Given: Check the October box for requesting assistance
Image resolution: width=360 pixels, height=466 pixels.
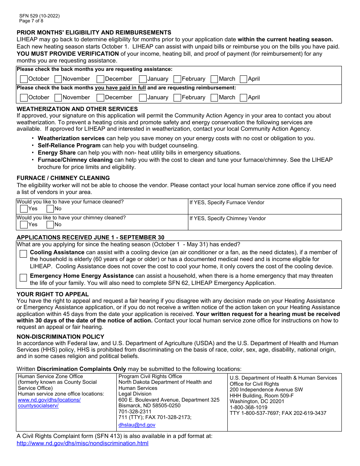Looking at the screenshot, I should pos(24,79).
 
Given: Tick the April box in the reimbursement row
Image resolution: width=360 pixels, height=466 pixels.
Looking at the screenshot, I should pos(244,98).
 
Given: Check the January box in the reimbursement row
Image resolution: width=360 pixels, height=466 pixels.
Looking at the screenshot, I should pos(143,98).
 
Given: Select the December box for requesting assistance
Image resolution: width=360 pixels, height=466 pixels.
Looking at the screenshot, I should pos(100,79).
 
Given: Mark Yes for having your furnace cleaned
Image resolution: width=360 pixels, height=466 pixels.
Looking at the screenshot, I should pos(24,209).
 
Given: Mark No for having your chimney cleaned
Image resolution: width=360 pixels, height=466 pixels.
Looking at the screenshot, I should pos(50,225).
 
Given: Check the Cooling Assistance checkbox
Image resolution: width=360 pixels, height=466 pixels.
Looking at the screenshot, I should pos(23,254).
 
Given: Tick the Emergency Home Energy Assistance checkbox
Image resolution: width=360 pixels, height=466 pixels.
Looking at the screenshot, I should pos(23,278).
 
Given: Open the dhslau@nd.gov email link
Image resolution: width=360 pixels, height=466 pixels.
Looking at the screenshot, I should pos(137,425).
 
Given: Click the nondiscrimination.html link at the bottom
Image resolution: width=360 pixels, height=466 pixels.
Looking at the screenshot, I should pos(83,443).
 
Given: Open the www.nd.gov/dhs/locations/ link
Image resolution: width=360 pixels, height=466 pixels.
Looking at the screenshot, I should pos(49,400).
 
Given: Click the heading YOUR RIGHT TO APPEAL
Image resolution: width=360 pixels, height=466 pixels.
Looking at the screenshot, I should pos(53,294).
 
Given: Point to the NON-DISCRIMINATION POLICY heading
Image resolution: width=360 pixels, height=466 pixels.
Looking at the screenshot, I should pos(60,337).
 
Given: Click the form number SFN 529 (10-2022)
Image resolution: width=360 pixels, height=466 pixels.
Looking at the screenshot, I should pos(39,16).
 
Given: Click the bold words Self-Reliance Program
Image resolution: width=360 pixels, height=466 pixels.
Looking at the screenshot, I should pos(69,145).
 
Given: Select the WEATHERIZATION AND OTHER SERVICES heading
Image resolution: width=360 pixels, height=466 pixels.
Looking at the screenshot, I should pos(77,109).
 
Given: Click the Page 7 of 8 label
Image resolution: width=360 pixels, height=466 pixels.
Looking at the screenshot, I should pos(31,21).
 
